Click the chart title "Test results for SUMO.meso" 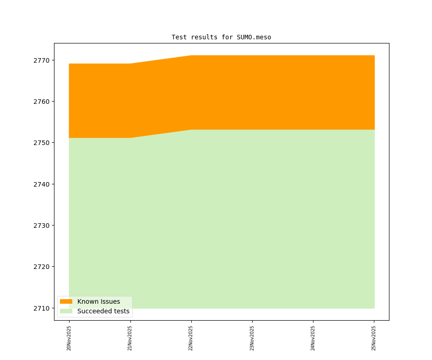(221, 37)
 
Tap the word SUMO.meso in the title (254, 37)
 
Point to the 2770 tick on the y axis (43, 60)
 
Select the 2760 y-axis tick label (43, 102)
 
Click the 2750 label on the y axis (43, 143)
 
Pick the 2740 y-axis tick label (43, 184)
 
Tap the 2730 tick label (43, 226)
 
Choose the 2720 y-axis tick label (43, 267)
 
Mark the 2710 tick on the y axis (43, 308)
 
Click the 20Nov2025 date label (69, 338)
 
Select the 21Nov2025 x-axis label (130, 338)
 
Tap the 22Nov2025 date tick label (191, 338)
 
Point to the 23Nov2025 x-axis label (252, 338)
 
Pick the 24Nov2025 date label (313, 338)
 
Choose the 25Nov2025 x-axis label (374, 338)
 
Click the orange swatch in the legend (66, 301)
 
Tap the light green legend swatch (66, 311)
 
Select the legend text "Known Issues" (98, 301)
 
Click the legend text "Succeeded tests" (103, 311)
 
